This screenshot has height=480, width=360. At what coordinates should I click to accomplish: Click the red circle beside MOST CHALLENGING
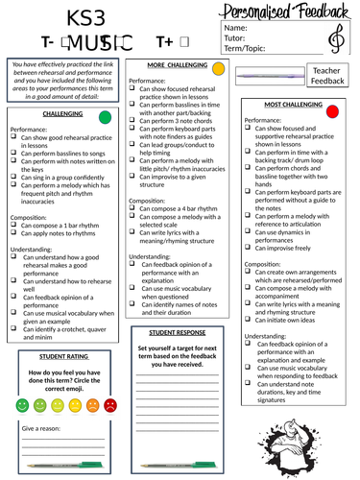333,111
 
